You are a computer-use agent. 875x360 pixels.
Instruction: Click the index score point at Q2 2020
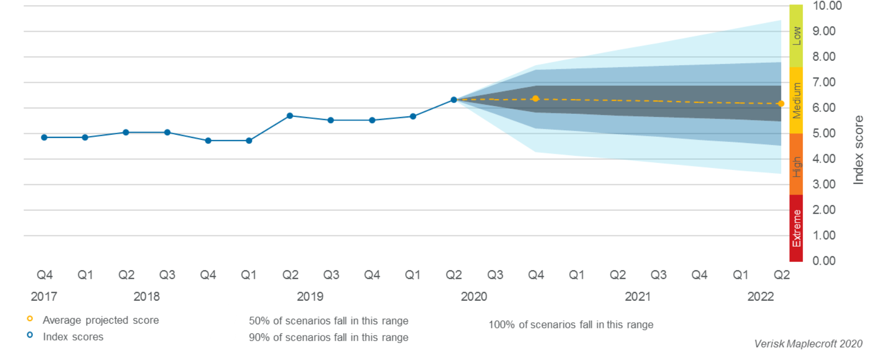pyautogui.click(x=453, y=100)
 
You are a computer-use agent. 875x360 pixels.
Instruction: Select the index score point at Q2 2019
pyautogui.click(x=290, y=116)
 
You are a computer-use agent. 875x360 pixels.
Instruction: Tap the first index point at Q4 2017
pyautogui.click(x=44, y=137)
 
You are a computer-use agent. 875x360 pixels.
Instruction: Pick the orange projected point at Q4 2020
pyautogui.click(x=536, y=99)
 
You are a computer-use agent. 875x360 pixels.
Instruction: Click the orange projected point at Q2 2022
pyautogui.click(x=781, y=104)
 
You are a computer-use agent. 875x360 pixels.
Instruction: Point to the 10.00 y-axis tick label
pyautogui.click(x=827, y=6)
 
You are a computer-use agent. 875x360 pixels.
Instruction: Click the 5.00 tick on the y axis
pyautogui.click(x=823, y=133)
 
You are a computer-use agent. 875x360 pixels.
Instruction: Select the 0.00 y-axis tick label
pyautogui.click(x=823, y=261)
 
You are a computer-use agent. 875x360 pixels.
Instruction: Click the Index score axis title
pyautogui.click(x=858, y=150)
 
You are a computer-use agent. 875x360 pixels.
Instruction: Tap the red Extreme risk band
pyautogui.click(x=796, y=228)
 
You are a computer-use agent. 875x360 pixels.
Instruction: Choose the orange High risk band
pyautogui.click(x=796, y=164)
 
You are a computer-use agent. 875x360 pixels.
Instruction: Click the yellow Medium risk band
pyautogui.click(x=796, y=101)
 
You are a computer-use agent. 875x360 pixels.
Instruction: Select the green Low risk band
pyautogui.click(x=796, y=36)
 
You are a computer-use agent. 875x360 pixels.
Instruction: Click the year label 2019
pyautogui.click(x=310, y=297)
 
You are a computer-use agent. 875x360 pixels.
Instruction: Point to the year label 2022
pyautogui.click(x=760, y=297)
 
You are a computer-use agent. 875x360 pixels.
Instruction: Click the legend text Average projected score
pyautogui.click(x=101, y=320)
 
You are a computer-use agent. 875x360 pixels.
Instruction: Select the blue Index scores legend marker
pyautogui.click(x=30, y=335)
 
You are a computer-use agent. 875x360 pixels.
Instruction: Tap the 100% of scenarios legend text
pyautogui.click(x=571, y=325)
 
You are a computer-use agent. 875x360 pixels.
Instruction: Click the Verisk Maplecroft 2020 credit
pyautogui.click(x=808, y=344)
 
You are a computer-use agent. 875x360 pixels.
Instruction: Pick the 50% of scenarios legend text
pyautogui.click(x=328, y=321)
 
